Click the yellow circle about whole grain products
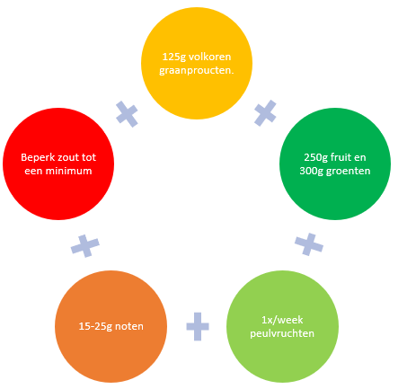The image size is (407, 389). (x=197, y=63)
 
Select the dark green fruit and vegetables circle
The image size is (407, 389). (x=335, y=164)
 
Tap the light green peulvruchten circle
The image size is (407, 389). (x=282, y=326)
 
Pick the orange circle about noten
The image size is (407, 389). (x=111, y=326)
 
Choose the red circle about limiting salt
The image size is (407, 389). (x=58, y=164)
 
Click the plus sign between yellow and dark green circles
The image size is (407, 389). (x=265, y=113)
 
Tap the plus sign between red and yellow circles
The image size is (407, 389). (x=127, y=114)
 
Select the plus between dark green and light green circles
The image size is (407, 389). (x=309, y=244)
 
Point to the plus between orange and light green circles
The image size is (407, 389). (x=198, y=326)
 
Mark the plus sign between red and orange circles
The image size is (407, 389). (x=85, y=246)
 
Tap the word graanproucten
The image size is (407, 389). (x=196, y=71)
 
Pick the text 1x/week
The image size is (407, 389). (x=282, y=320)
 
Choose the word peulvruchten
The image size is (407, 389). (x=282, y=333)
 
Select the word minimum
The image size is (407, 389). (x=71, y=171)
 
